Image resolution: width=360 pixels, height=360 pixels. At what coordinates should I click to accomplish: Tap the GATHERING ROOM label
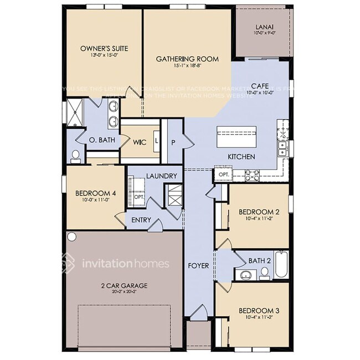click(x=187, y=59)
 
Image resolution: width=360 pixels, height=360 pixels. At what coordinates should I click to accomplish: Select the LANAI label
click(x=264, y=25)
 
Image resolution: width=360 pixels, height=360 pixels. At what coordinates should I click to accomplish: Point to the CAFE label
click(x=260, y=86)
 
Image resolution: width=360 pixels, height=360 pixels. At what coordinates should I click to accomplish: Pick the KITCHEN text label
click(x=241, y=157)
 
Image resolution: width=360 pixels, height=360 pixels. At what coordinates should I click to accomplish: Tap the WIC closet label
click(x=139, y=142)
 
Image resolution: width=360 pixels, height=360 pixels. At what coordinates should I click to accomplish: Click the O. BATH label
click(x=102, y=140)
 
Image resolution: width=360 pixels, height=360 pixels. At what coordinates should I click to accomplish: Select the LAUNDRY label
click(x=162, y=176)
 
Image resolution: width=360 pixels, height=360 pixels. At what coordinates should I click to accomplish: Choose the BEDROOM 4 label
click(x=95, y=193)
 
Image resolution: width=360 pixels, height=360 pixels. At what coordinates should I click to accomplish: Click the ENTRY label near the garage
click(x=141, y=220)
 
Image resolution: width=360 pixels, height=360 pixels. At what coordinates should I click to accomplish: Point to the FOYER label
click(x=198, y=266)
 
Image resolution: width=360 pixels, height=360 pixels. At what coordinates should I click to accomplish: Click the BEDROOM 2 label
click(x=258, y=212)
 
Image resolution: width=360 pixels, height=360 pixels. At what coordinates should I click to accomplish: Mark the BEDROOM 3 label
click(x=258, y=311)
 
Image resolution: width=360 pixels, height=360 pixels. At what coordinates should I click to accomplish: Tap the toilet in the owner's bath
click(x=76, y=156)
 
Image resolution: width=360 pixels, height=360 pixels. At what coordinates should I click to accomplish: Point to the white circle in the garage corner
click(x=71, y=236)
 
